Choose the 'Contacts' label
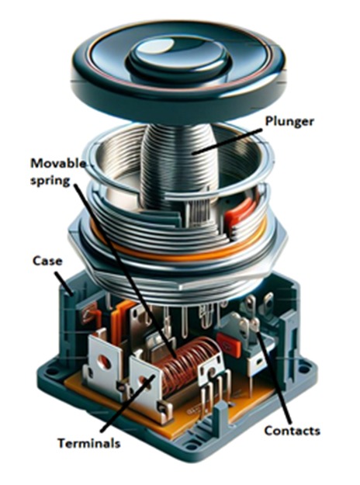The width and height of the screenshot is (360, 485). pyautogui.click(x=291, y=430)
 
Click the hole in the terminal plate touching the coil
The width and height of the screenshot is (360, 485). pyautogui.click(x=145, y=379)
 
